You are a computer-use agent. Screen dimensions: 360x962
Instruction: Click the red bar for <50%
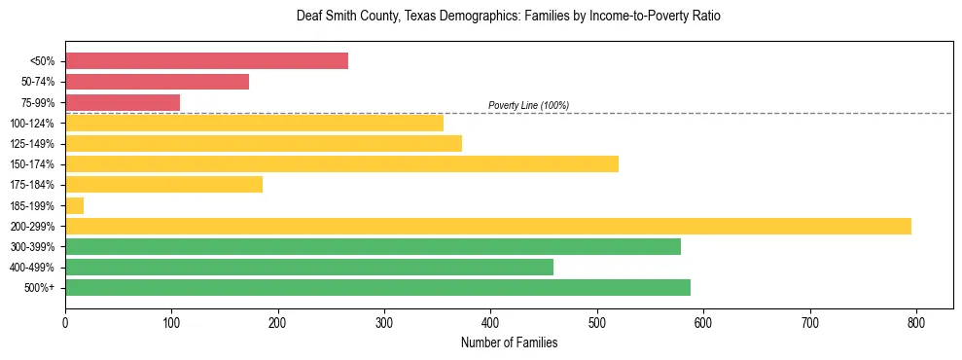click(206, 61)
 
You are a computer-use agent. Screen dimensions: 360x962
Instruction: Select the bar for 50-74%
click(157, 82)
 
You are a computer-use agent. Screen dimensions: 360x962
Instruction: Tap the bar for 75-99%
click(123, 102)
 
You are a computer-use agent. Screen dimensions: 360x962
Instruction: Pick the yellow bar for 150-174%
click(341, 163)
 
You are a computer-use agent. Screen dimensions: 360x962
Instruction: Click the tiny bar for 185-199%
click(75, 205)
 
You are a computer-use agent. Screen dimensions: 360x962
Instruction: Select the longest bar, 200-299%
click(487, 226)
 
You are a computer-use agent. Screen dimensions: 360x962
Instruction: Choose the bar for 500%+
click(377, 287)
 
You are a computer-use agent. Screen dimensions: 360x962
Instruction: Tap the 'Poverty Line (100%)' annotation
click(528, 105)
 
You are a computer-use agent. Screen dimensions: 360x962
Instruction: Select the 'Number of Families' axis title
click(509, 342)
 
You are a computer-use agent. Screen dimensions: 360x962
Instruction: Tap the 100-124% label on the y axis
click(32, 124)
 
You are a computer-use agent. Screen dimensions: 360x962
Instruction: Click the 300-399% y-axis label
click(32, 247)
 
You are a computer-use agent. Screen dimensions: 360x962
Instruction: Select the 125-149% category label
click(32, 144)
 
